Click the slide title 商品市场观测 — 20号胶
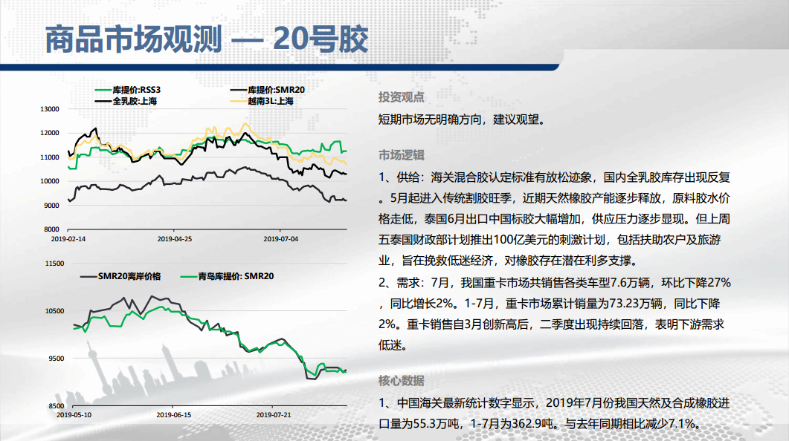tap(206, 39)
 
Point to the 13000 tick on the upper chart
tap(49, 109)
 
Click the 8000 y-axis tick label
tap(51, 229)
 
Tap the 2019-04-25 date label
tap(175, 239)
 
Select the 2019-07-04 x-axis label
tap(281, 239)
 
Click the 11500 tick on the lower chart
tap(54, 264)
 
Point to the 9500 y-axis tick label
tap(57, 359)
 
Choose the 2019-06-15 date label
tap(173, 415)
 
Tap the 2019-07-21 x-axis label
tap(274, 415)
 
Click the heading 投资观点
tap(401, 97)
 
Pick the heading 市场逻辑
tap(401, 155)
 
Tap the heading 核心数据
tap(401, 381)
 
